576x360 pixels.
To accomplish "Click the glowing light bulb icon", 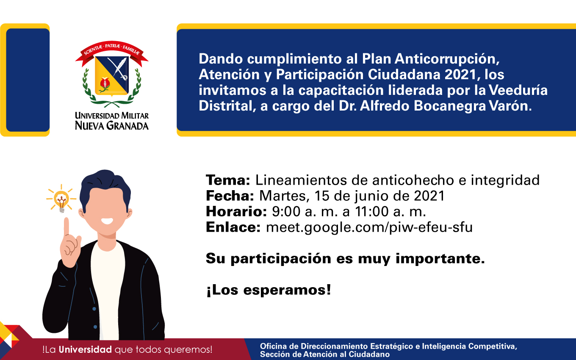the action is pos(61,199).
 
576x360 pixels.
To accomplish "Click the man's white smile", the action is pos(107,221).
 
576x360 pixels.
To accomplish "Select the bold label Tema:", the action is pos(228,180).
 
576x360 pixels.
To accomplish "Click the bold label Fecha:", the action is pos(230,196).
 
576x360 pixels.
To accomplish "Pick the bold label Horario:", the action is pos(236,212).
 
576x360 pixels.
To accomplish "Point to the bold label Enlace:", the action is pos(233,227).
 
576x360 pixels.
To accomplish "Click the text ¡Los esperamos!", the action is pos(269,290).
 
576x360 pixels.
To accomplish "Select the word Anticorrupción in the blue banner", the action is pos(447,59).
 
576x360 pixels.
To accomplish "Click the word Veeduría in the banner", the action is pos(518,90).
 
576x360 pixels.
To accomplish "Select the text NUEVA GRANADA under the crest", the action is pos(112,126).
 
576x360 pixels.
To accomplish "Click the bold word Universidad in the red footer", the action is pos(85,350).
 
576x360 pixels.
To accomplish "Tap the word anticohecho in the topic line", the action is pos(413,180).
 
